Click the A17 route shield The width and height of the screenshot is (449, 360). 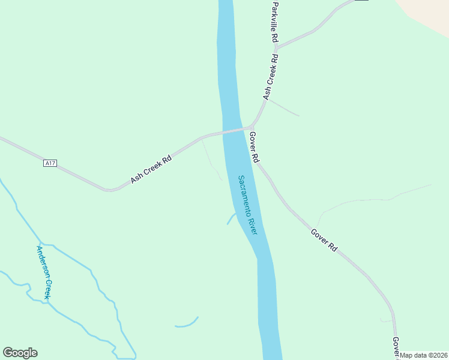coord(50,163)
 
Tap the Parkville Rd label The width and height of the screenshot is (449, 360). coord(274,21)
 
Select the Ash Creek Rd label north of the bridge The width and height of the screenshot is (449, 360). coord(271,77)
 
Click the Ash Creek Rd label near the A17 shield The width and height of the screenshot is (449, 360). coord(151,170)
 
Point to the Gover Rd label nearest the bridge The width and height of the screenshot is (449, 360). coord(255,148)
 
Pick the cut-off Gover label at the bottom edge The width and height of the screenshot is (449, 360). coord(396,348)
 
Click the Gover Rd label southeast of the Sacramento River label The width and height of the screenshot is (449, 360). coord(325,239)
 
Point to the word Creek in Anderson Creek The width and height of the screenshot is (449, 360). coord(48,289)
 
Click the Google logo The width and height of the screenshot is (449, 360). coord(20,353)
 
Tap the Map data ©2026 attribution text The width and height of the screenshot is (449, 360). coord(424,355)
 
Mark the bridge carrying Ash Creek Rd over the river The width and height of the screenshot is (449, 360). coord(236,130)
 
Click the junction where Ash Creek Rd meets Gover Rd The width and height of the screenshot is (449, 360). coord(250,127)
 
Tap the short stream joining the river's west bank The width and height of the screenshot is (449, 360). coord(231,218)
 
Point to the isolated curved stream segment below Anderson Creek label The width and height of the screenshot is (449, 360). coord(187,324)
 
